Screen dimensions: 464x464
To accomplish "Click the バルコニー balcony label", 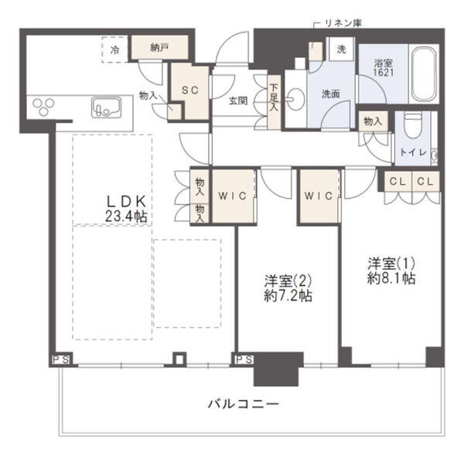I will pyautogui.click(x=243, y=404).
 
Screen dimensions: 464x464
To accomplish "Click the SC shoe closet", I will pyautogui.click(x=189, y=90).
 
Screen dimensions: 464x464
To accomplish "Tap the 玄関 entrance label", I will pyautogui.click(x=237, y=100).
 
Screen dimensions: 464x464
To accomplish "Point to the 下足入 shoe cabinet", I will pyautogui.click(x=274, y=96).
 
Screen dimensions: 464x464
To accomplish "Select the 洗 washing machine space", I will pyautogui.click(x=340, y=49).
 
